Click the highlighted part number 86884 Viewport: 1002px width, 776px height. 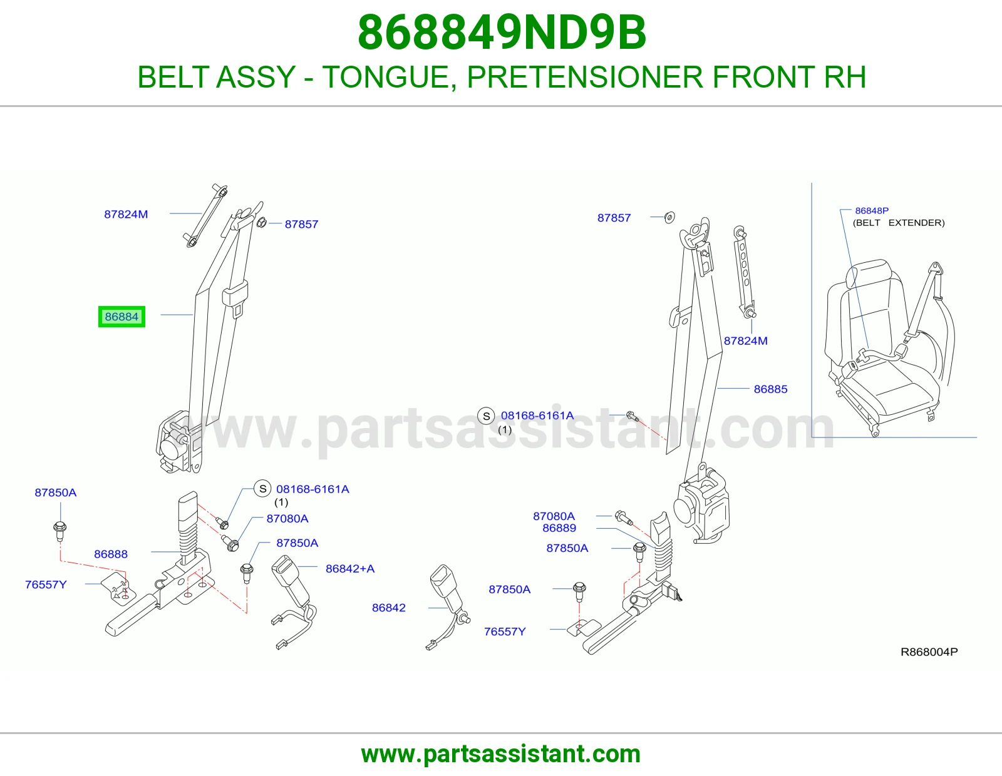pos(121,317)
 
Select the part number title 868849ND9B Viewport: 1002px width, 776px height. pos(502,33)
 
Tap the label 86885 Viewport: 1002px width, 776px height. pos(770,389)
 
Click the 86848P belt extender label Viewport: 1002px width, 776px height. pos(872,211)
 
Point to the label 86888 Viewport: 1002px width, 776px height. pos(111,554)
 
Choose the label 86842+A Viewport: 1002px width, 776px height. pos(350,569)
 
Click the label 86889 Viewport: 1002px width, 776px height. pos(559,528)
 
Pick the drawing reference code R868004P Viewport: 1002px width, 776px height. pos(929,651)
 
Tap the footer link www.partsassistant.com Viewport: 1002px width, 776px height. pos(501,754)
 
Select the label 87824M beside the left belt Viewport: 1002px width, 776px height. pos(126,214)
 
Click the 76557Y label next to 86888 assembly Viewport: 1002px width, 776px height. pos(46,585)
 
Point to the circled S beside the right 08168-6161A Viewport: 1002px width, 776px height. pos(486,416)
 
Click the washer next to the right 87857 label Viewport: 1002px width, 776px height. pos(669,217)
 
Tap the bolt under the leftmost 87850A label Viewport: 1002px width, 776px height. pos(59,531)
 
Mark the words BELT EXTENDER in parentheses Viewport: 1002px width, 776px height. pos(899,223)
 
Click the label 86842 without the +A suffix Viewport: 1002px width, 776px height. pos(389,608)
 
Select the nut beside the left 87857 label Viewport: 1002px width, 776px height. pos(261,223)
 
